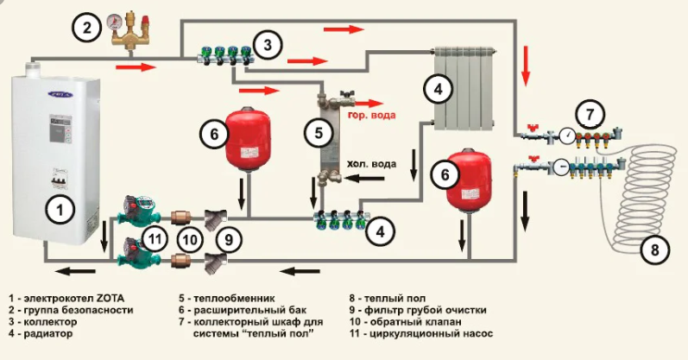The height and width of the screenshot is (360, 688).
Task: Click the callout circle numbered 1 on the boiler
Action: [59, 207]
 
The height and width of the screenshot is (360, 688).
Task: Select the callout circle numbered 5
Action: [319, 133]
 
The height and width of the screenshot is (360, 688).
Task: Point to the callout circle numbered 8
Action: [654, 251]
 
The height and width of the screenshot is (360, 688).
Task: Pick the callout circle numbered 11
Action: [155, 238]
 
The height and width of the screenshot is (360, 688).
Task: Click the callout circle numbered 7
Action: [590, 112]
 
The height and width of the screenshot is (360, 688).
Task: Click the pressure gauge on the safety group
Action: [115, 23]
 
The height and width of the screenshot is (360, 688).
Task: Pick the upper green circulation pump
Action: [134, 211]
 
